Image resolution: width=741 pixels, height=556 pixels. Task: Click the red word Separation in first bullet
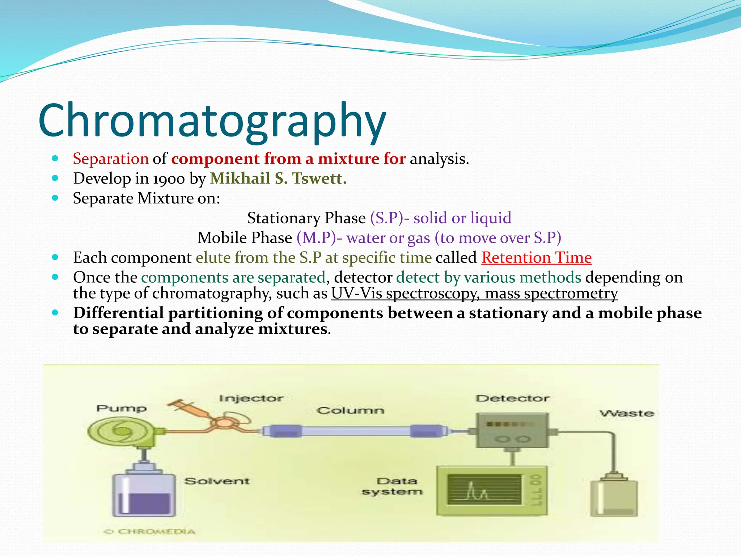(x=111, y=159)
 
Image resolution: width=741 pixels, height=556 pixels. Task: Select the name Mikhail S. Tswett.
(x=278, y=178)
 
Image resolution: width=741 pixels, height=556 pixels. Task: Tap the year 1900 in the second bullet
(x=169, y=179)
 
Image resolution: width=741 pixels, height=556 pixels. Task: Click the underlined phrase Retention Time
(x=536, y=258)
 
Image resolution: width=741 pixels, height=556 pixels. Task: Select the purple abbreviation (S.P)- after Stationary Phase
(x=390, y=218)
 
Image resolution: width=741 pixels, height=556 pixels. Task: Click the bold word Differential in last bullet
(x=119, y=313)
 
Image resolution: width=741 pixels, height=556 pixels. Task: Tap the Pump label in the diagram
(x=122, y=408)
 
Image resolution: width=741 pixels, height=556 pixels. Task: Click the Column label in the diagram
(x=350, y=410)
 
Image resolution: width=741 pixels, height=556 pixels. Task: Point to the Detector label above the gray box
(x=512, y=399)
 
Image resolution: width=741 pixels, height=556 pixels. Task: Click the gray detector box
(x=512, y=431)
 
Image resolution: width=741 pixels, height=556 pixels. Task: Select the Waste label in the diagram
(x=627, y=413)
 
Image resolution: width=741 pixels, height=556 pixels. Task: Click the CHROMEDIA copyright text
(x=150, y=531)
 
